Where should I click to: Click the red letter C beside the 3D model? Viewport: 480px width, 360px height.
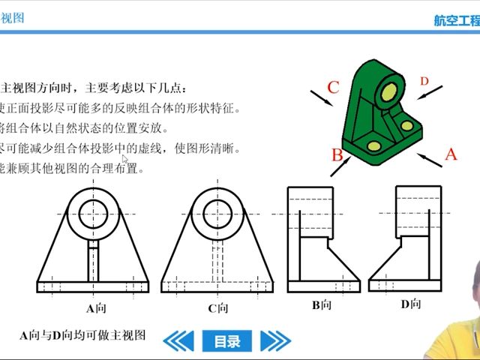(334, 86)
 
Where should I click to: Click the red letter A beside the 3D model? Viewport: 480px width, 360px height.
(451, 154)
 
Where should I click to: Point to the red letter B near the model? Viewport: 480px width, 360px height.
(337, 155)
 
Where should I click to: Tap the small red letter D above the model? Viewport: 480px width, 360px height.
(424, 81)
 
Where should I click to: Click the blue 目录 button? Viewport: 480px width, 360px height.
(227, 341)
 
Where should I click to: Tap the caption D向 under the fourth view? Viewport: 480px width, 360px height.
(411, 304)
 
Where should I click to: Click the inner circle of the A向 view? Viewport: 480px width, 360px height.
(93, 214)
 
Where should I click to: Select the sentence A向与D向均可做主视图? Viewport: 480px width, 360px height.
(82, 334)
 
